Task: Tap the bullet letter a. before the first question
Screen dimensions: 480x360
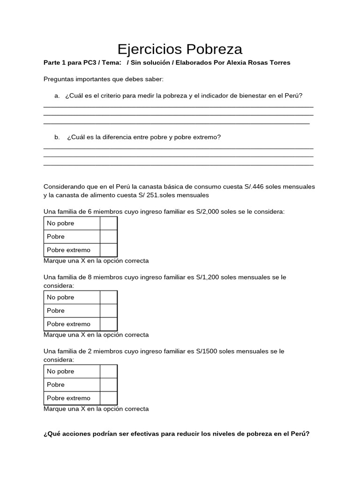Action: click(x=57, y=96)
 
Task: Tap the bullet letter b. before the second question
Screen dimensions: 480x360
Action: click(x=57, y=137)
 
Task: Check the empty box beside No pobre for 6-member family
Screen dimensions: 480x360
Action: click(x=108, y=223)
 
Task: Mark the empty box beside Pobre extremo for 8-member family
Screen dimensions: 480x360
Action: click(x=108, y=324)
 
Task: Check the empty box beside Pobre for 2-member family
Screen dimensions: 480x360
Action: click(x=108, y=384)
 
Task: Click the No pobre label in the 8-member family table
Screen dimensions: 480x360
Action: click(x=60, y=297)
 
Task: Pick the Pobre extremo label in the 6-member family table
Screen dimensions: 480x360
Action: click(x=68, y=250)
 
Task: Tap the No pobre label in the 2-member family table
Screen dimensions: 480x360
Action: click(x=60, y=371)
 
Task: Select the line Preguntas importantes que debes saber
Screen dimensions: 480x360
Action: click(x=103, y=79)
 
